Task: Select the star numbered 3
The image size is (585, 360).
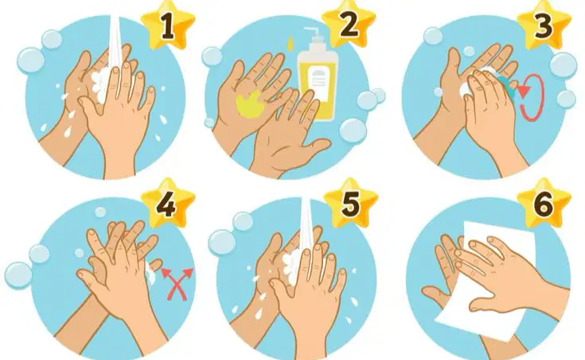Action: pyautogui.click(x=544, y=27)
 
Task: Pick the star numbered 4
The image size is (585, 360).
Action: pyautogui.click(x=168, y=205)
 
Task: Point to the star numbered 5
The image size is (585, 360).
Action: pyautogui.click(x=351, y=204)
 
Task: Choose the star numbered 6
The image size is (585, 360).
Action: pyautogui.click(x=544, y=204)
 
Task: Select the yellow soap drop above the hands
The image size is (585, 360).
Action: pyautogui.click(x=289, y=42)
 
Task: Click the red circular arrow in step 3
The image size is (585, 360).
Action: pyautogui.click(x=532, y=98)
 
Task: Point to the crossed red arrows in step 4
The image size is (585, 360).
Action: pyautogui.click(x=177, y=284)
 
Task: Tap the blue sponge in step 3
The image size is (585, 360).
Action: pyautogui.click(x=508, y=88)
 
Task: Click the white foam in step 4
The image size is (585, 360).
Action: pyautogui.click(x=150, y=272)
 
